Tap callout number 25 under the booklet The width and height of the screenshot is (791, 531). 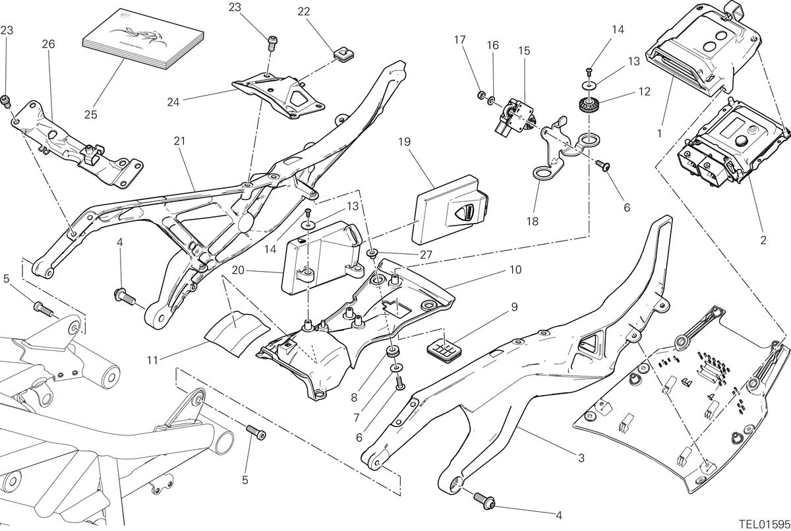click(x=91, y=115)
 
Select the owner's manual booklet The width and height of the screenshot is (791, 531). click(x=143, y=39)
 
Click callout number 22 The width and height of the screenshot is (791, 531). click(x=304, y=12)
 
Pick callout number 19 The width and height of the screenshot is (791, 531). click(x=404, y=142)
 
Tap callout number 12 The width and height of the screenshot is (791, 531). click(x=645, y=92)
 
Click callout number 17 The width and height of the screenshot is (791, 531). click(x=460, y=40)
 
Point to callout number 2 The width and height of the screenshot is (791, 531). click(x=763, y=240)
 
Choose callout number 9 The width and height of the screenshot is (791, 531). click(x=514, y=307)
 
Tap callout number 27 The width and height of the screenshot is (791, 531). click(x=426, y=255)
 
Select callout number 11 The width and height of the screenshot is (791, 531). click(x=152, y=360)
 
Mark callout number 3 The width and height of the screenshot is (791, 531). click(x=581, y=458)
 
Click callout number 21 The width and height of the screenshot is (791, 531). click(x=179, y=141)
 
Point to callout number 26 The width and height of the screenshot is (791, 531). click(x=48, y=44)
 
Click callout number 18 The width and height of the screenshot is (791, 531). click(x=533, y=222)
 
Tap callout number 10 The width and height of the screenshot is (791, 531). click(x=515, y=270)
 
